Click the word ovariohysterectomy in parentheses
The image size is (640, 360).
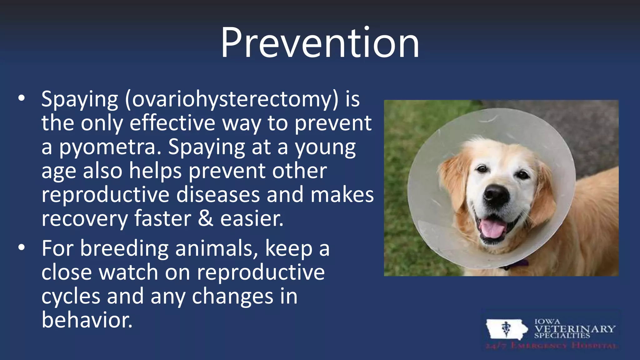coord(232,99)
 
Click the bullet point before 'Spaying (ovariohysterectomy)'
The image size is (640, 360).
coord(21,98)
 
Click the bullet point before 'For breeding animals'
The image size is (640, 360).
coord(21,247)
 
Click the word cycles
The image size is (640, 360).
coord(71,296)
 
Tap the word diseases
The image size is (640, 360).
coord(218,194)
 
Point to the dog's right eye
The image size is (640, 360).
coord(522,174)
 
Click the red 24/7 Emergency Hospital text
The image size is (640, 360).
coord(551,346)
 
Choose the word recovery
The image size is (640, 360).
coord(85,219)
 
